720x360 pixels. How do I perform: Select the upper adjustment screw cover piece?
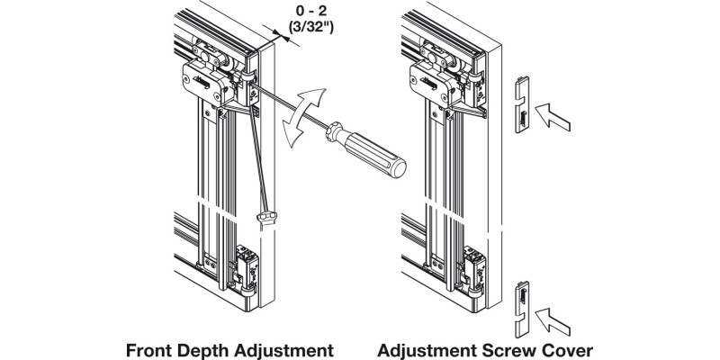[521, 107]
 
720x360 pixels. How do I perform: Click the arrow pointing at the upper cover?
[554, 114]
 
